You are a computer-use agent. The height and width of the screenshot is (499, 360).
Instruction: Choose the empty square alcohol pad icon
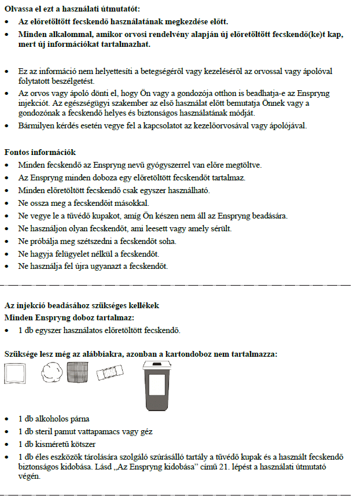tap(17, 374)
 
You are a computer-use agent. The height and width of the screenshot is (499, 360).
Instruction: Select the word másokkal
tap(130, 203)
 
